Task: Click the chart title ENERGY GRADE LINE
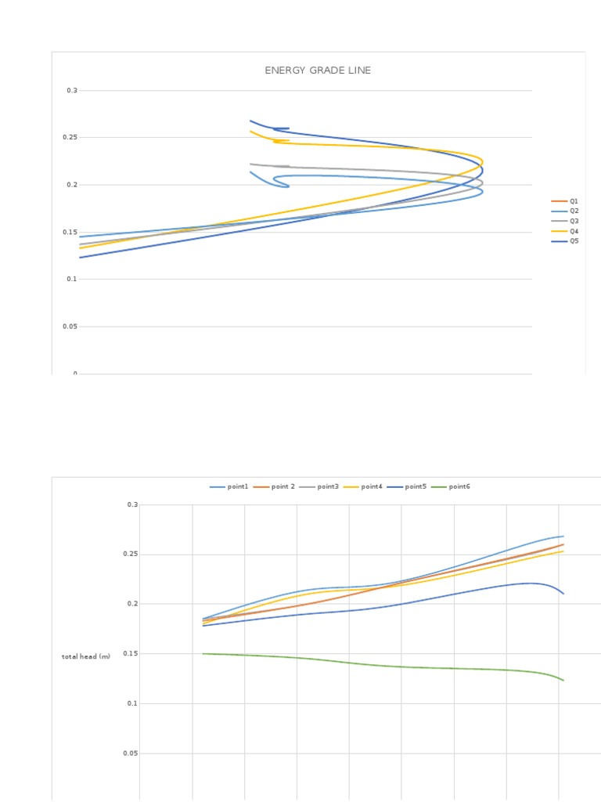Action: pos(318,70)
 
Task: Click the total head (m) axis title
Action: pos(86,656)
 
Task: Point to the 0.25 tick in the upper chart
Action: pos(72,138)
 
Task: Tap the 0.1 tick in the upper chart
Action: pos(73,280)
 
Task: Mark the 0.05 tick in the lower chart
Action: pos(131,753)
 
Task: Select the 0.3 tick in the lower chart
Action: pos(132,505)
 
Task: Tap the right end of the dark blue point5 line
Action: pos(563,594)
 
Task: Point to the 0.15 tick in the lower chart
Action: pos(131,654)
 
